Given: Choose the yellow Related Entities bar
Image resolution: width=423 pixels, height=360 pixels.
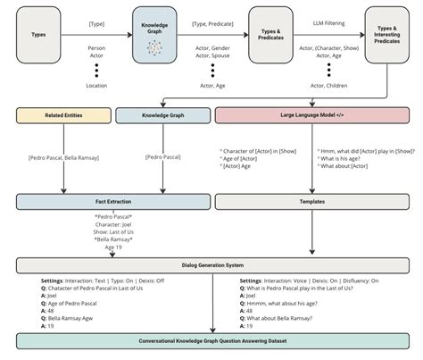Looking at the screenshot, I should coord(62,115).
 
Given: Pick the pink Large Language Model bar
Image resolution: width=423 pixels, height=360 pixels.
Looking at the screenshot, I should coord(310,115).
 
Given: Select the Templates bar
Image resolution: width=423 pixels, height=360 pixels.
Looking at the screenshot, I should coord(310,203).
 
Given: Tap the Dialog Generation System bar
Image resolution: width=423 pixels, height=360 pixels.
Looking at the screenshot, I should coord(211,266).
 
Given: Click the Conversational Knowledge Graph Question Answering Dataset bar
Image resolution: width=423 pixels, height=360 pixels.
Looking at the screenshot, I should coord(211,341).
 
